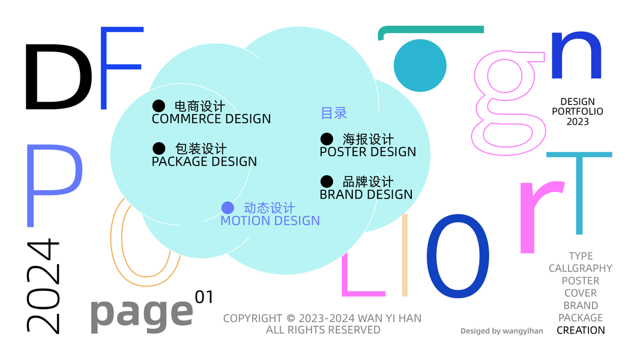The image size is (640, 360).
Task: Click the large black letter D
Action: tap(57, 76)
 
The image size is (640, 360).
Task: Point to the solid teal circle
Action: tap(420, 65)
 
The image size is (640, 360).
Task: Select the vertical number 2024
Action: tap(43, 286)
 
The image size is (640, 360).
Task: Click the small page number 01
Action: tap(204, 297)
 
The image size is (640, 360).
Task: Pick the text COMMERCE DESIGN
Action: tap(211, 119)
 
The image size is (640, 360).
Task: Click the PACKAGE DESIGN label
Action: tap(204, 161)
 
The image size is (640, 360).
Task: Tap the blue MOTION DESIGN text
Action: tap(270, 221)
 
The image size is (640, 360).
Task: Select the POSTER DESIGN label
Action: tap(367, 152)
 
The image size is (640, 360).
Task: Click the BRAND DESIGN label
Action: tap(366, 194)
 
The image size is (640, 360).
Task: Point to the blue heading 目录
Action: tap(334, 113)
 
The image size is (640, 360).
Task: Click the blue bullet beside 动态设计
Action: tap(228, 208)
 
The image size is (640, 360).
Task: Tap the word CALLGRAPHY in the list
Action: tap(580, 268)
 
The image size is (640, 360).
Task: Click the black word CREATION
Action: tap(581, 330)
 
